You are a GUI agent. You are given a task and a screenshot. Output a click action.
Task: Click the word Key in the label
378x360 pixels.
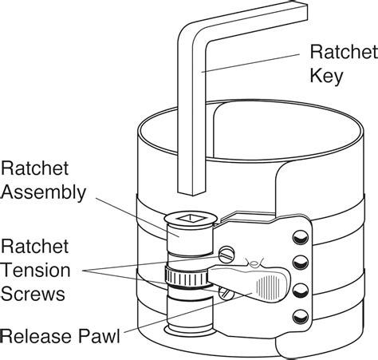coord(326,77)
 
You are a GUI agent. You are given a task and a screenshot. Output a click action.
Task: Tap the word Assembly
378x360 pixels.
coord(43,192)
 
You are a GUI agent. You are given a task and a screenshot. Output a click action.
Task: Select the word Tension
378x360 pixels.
coord(36,270)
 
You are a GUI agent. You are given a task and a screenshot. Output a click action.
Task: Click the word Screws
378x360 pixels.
coord(33,294)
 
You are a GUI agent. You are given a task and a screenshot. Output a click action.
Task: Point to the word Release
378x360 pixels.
coord(37,336)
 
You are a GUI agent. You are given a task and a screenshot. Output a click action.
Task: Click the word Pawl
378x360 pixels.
coord(99,336)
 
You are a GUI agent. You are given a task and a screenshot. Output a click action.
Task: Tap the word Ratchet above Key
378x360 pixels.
coord(344,52)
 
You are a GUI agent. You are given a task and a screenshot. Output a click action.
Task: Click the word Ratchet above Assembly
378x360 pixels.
coord(34,168)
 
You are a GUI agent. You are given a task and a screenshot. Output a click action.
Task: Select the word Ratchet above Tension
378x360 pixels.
coord(34,246)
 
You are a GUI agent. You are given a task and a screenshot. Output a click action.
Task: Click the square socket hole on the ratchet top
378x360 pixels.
coord(191,218)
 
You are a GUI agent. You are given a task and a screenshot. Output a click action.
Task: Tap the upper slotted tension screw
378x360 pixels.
coord(226,255)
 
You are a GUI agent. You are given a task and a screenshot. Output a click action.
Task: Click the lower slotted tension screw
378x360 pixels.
coord(226,293)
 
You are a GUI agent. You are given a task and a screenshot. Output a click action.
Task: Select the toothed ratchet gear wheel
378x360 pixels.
coord(186,277)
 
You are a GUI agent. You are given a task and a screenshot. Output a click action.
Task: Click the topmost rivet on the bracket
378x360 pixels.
coord(301,237)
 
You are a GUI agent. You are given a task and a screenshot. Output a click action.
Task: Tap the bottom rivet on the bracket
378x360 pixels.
coord(301,317)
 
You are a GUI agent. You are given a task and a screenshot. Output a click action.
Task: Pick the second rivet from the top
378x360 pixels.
coord(301,263)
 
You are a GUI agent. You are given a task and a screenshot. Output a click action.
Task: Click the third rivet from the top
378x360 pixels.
coord(301,290)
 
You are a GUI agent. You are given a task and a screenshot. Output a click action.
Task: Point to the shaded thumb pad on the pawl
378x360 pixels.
coord(268,287)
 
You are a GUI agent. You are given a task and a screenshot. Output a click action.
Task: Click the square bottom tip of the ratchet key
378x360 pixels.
coord(192,192)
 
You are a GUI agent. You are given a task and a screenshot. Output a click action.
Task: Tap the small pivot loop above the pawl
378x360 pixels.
coord(254,263)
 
